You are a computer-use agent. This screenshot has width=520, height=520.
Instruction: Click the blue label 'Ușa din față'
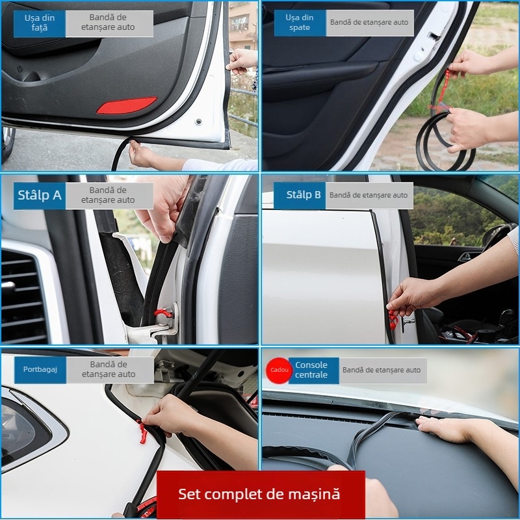[40, 23]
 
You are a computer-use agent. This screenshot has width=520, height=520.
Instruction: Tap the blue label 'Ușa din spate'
[300, 23]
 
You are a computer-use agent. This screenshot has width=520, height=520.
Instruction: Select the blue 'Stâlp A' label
[40, 196]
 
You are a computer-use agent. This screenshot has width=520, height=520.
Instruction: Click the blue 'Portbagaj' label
[40, 369]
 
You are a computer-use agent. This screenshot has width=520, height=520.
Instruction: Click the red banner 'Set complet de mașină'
[260, 494]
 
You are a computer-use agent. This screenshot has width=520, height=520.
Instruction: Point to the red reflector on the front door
[127, 105]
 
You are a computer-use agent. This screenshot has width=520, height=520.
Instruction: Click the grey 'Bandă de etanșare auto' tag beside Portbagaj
[109, 369]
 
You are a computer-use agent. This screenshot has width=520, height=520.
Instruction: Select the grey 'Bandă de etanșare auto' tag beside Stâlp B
[369, 195]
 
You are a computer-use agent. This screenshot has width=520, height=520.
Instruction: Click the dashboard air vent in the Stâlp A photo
[23, 292]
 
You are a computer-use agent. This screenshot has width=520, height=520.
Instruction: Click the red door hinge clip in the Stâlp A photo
[162, 315]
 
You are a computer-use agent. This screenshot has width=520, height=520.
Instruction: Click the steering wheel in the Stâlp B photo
[497, 237]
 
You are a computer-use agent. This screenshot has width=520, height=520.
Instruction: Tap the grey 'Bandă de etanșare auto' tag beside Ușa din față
[109, 23]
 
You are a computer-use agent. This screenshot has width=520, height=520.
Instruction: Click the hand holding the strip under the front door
[141, 154]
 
